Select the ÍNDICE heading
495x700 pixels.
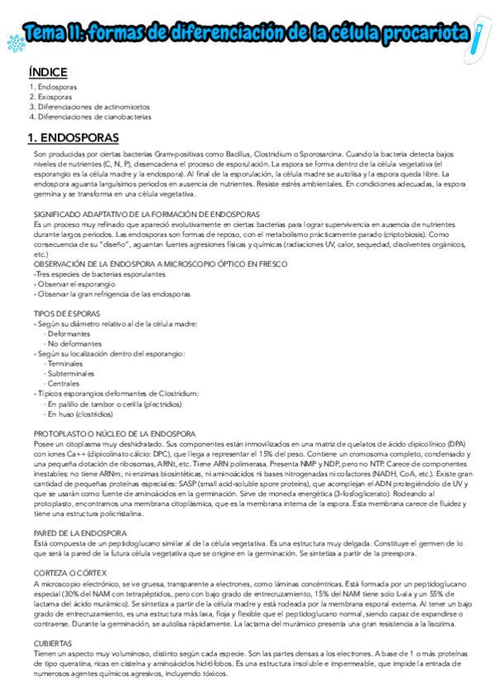pyautogui.click(x=48, y=72)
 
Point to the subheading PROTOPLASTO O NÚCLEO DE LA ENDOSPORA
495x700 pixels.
pyautogui.click(x=115, y=433)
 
